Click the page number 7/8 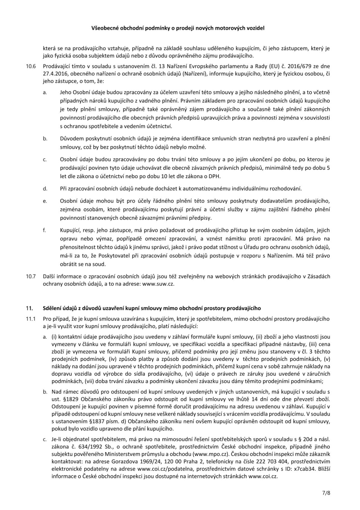326,494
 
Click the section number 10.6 31,66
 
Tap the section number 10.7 31,276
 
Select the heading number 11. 29,308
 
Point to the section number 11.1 31,319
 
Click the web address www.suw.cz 158,283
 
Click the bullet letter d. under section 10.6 45,189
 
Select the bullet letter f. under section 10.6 44,230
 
